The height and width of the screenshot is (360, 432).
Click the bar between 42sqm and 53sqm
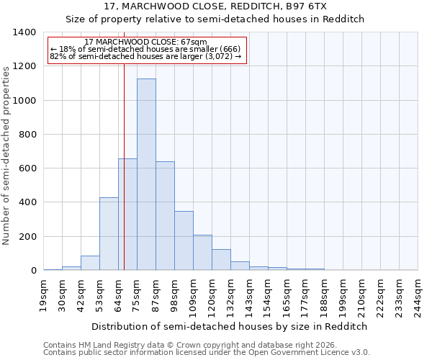[x=90, y=263]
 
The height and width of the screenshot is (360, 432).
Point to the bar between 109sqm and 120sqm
[x=202, y=253]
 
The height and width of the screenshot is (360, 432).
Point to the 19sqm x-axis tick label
[x=44, y=294]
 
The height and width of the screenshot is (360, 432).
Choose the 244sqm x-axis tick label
[x=418, y=296]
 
